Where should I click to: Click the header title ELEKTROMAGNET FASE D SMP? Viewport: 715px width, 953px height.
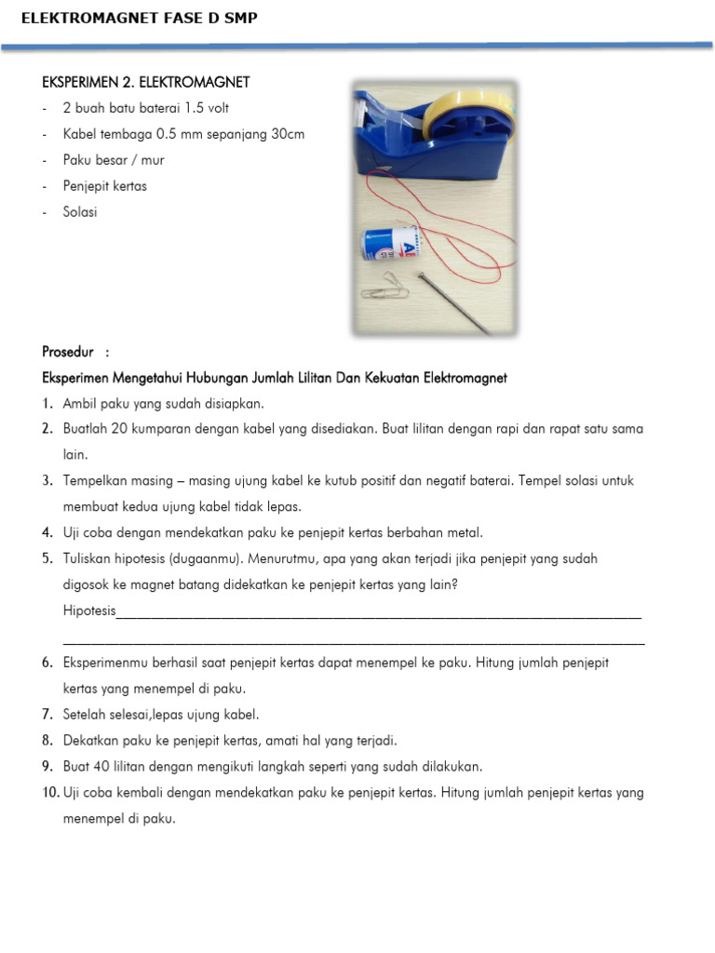[x=139, y=18]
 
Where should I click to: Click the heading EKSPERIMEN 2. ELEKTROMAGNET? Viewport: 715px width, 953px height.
[x=146, y=83]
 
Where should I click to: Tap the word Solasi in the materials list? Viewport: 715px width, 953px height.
[x=80, y=211]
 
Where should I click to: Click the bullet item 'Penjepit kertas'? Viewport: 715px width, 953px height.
[x=104, y=185]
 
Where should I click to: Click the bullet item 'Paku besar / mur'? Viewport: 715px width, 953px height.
[x=114, y=160]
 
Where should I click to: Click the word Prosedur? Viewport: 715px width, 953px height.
[x=69, y=352]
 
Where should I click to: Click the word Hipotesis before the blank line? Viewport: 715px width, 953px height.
[x=89, y=611]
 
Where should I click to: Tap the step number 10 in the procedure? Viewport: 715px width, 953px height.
[x=50, y=793]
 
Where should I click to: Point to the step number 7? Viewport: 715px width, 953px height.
[x=47, y=715]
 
